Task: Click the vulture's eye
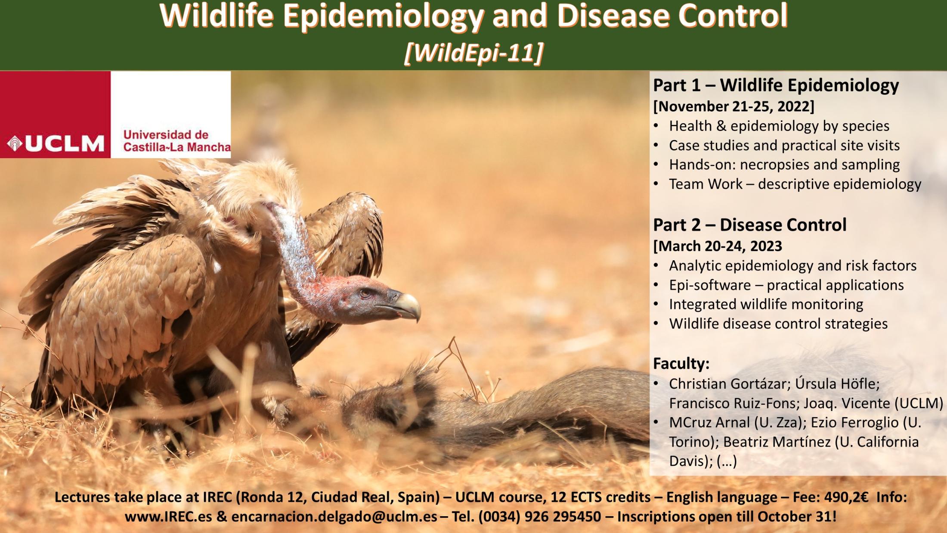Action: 365,293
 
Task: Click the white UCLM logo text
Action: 65,144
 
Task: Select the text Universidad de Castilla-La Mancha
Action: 177,141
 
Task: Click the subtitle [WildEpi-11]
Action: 473,53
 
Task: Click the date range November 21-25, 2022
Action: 734,106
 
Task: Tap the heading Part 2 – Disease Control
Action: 750,224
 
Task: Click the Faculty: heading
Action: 681,364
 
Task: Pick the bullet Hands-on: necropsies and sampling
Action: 784,165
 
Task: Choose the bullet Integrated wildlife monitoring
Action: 766,304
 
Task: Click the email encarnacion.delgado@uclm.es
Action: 334,516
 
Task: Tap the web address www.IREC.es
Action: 168,516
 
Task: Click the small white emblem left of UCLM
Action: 15,144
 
